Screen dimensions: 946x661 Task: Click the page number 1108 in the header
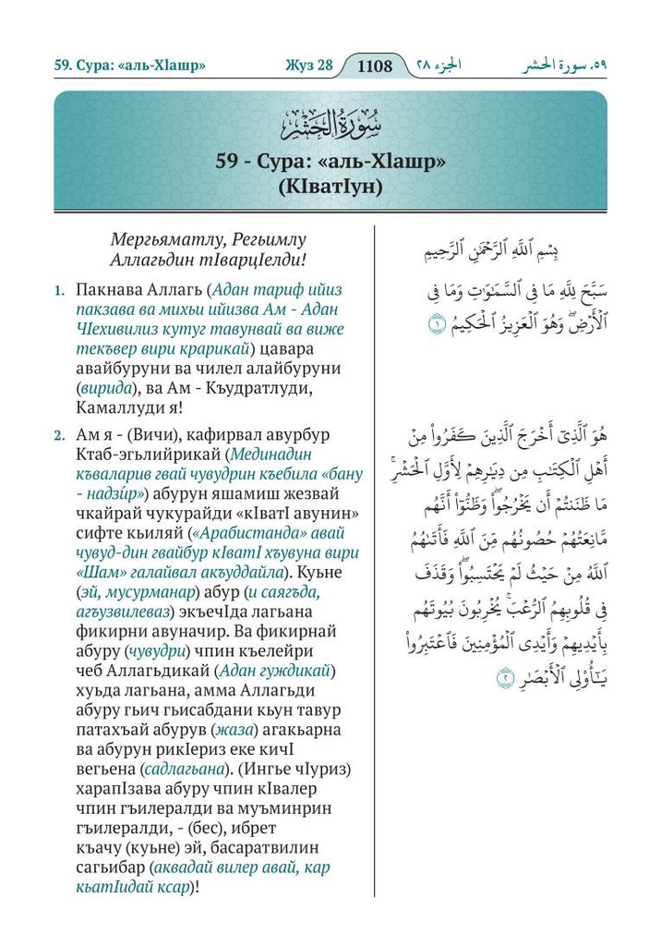click(374, 67)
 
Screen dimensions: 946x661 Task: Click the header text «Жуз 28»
click(304, 67)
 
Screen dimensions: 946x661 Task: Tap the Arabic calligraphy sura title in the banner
click(330, 119)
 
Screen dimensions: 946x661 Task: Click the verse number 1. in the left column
click(58, 290)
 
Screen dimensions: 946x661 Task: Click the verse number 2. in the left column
click(58, 434)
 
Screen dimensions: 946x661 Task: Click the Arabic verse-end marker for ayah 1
click(435, 323)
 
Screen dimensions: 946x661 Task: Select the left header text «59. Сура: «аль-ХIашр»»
click(128, 67)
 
